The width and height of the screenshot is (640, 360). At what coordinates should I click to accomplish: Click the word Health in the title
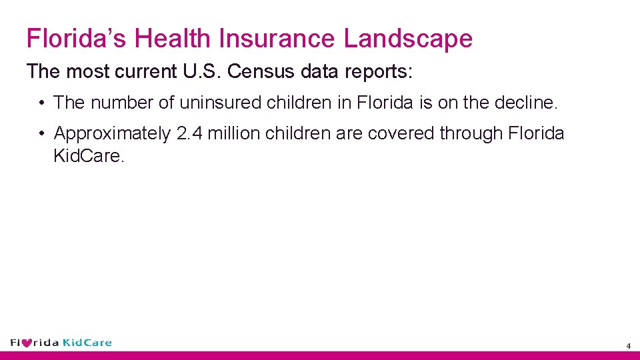pyautogui.click(x=175, y=39)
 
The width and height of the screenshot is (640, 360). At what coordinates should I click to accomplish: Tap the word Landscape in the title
pyautogui.click(x=408, y=39)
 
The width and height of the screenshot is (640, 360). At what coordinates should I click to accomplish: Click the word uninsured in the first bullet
pyautogui.click(x=221, y=103)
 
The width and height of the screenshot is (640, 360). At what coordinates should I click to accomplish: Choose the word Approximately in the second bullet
pyautogui.click(x=113, y=133)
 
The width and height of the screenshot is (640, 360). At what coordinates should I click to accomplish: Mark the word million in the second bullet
pyautogui.click(x=234, y=133)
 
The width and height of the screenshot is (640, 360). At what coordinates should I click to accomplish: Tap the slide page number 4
pyautogui.click(x=628, y=346)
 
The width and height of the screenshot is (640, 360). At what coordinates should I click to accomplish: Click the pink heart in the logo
pyautogui.click(x=27, y=343)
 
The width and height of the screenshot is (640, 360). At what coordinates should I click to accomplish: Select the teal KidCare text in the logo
pyautogui.click(x=87, y=343)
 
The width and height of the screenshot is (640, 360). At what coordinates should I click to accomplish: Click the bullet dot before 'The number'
pyautogui.click(x=41, y=103)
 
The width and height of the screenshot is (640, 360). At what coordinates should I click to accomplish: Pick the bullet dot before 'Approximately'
pyautogui.click(x=41, y=133)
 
